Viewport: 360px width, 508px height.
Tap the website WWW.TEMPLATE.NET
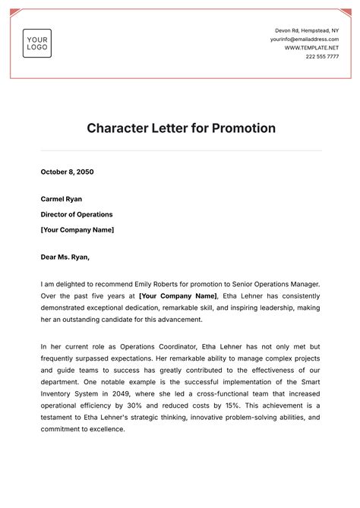(x=312, y=48)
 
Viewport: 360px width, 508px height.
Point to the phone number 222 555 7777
(x=323, y=57)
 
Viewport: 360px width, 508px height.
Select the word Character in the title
(x=118, y=128)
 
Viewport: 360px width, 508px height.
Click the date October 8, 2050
(x=67, y=172)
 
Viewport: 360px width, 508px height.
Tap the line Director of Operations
(x=77, y=214)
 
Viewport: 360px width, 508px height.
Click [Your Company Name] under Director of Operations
(x=77, y=229)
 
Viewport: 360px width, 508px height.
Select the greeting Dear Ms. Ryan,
(x=66, y=257)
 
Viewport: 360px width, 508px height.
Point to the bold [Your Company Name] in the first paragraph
(x=178, y=296)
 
